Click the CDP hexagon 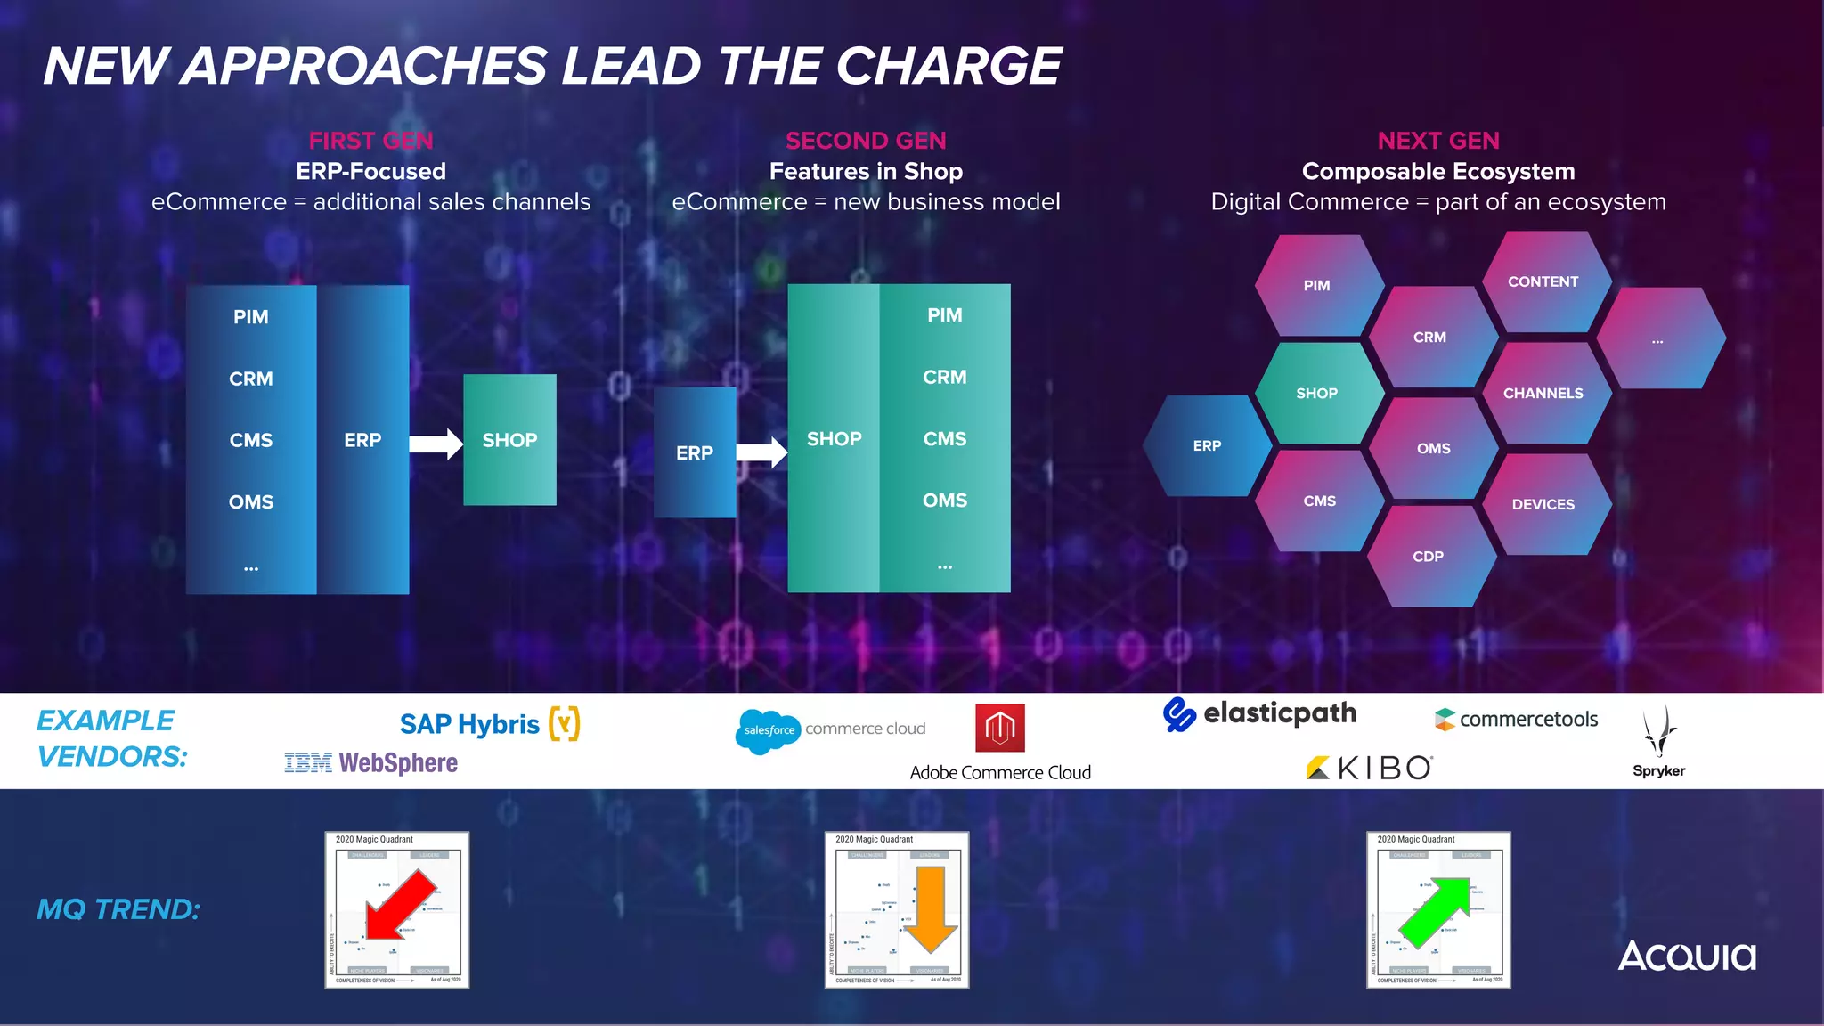point(1429,557)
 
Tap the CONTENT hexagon point(1543,281)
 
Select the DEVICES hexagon point(1543,504)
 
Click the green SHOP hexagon point(1317,393)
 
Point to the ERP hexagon point(1207,445)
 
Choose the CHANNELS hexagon point(1543,393)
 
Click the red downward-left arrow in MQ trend point(399,905)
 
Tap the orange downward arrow point(929,908)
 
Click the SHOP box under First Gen point(509,440)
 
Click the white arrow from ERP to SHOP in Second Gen point(762,452)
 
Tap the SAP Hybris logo point(489,724)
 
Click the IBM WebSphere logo point(370,763)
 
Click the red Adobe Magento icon point(999,728)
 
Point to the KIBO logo point(1369,768)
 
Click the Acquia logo point(1687,957)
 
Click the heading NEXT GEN point(1437,141)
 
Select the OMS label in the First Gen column point(251,502)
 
